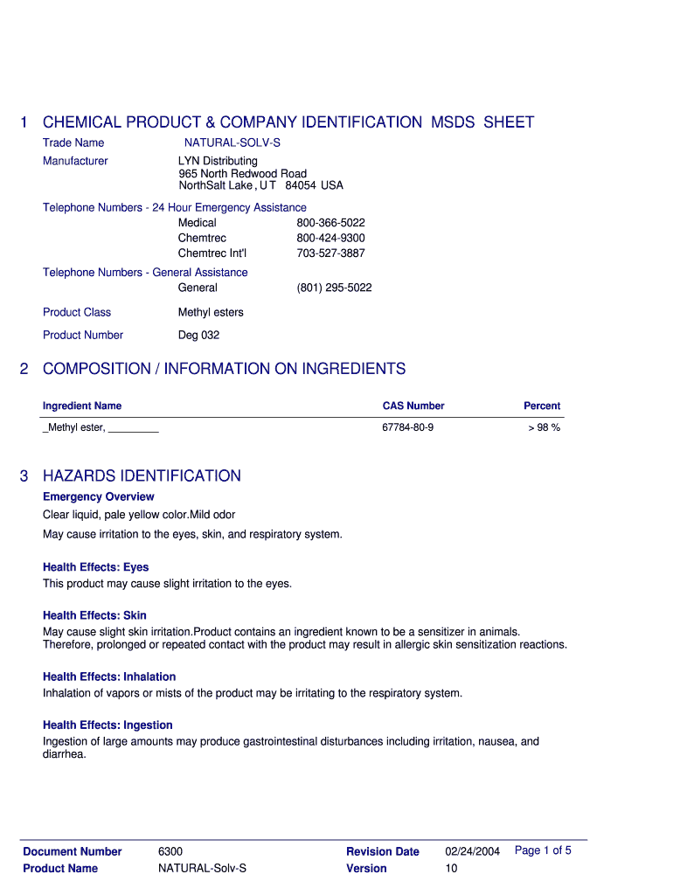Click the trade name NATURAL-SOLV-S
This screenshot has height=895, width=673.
point(232,142)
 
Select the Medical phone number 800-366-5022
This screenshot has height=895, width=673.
point(330,223)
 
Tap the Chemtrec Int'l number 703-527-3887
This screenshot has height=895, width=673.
point(330,253)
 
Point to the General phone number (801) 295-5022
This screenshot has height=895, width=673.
point(334,288)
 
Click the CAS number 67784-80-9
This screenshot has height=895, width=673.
point(407,427)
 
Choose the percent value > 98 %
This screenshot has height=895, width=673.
point(544,427)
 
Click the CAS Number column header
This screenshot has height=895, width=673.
point(413,406)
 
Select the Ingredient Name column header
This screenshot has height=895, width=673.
point(82,406)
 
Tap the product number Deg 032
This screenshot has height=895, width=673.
point(198,335)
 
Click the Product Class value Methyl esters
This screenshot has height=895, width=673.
point(211,312)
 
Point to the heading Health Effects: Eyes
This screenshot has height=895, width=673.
point(96,567)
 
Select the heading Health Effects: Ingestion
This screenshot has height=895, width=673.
point(108,725)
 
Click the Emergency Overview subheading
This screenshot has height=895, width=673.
point(99,496)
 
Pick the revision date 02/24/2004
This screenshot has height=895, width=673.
point(472,851)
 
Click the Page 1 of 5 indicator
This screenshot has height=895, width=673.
point(543,850)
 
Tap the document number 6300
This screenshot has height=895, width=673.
point(170,851)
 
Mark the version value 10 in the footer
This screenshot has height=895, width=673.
point(451,868)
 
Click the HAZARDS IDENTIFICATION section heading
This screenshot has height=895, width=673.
point(142,476)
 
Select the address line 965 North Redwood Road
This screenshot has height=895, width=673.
point(242,173)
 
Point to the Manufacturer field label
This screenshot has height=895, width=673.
point(75,161)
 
